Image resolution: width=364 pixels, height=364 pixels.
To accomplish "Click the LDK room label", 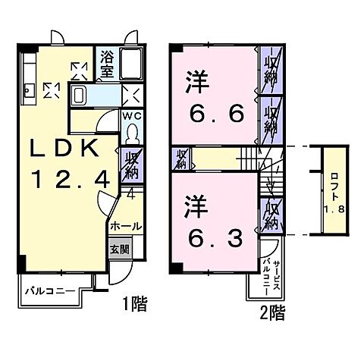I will (x=64, y=149).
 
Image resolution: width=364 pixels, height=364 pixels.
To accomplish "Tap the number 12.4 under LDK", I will (x=74, y=179).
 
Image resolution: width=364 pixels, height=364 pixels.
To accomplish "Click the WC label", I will (x=130, y=117).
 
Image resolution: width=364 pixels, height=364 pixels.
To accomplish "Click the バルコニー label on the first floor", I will (x=47, y=290).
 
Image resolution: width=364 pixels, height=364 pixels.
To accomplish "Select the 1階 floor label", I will (x=135, y=305).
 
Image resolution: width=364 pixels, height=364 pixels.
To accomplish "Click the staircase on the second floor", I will (x=250, y=160).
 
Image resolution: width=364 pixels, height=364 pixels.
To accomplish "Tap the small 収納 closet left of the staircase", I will (x=182, y=159).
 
